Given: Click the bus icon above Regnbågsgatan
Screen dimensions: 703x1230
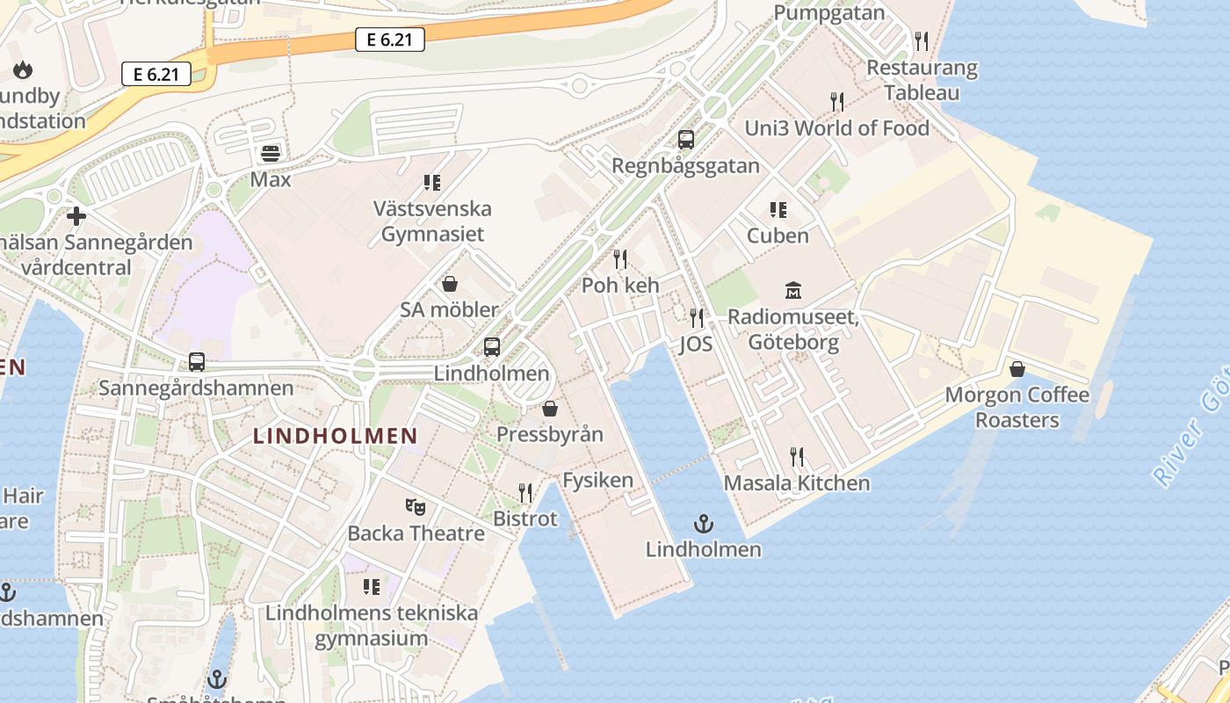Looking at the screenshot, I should (686, 139).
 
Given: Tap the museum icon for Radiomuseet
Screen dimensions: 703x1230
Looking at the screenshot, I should (793, 290).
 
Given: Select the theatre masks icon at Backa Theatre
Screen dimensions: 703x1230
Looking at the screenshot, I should (416, 506).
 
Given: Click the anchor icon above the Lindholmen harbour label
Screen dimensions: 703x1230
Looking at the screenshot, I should (703, 524).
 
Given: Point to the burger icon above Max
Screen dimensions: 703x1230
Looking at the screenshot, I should (271, 153).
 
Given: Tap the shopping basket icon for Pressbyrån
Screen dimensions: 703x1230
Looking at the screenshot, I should (550, 409).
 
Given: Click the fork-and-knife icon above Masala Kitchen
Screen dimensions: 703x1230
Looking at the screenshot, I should (797, 456).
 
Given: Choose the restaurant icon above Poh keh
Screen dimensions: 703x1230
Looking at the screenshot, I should (620, 258).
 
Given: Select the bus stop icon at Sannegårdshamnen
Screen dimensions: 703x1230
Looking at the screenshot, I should (197, 361).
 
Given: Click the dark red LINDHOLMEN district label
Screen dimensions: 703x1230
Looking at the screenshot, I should (335, 435).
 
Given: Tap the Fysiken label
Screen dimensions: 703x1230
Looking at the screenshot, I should (597, 480).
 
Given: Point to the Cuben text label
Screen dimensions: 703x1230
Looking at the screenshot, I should (778, 236).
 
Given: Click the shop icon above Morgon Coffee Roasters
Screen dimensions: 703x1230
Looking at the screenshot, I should (1017, 368).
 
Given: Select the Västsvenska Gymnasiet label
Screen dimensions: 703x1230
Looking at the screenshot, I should (432, 221).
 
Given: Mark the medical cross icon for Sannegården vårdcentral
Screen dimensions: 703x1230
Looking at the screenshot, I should (76, 215).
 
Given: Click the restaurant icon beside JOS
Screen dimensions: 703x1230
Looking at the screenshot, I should (697, 317).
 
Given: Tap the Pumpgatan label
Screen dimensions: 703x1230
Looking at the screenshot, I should (829, 13).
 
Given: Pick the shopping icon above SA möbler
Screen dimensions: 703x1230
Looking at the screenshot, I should (450, 283).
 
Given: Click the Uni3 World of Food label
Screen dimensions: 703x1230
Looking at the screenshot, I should (836, 128).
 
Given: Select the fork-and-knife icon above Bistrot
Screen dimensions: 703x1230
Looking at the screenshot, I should (525, 492).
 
